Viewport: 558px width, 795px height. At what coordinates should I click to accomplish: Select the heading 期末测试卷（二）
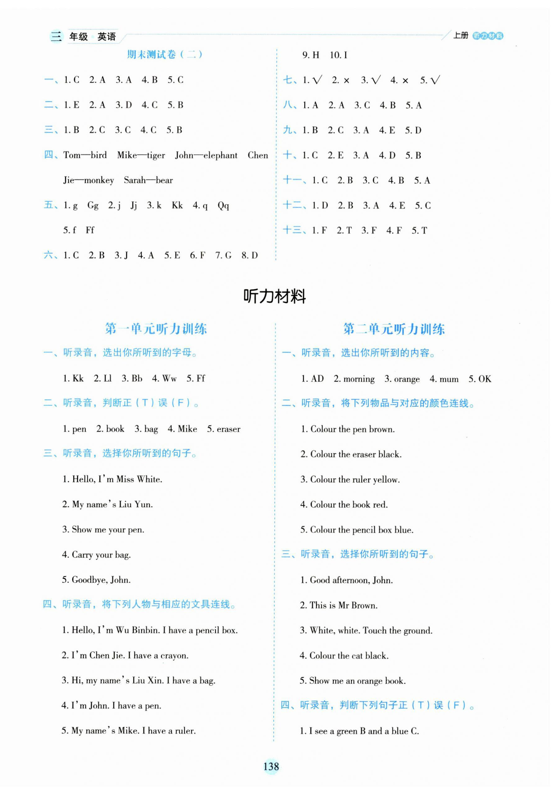point(165,54)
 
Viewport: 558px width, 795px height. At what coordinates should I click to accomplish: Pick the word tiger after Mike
point(156,155)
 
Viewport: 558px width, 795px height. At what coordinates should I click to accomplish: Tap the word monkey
point(99,180)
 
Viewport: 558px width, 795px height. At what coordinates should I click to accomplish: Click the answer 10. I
point(338,55)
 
